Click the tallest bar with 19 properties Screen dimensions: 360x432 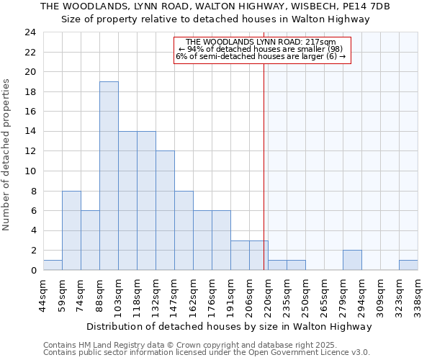(109, 176)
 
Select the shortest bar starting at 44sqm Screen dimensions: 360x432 (53, 265)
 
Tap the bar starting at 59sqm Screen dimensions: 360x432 (71, 230)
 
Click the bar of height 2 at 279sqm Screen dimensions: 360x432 (352, 260)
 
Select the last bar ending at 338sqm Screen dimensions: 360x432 (408, 265)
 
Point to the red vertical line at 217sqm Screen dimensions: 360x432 (264, 158)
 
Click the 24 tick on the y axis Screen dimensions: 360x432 (30, 32)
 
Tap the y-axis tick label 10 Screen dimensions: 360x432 (30, 171)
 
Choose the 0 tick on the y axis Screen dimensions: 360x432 (33, 271)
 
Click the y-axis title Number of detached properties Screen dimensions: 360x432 (7, 155)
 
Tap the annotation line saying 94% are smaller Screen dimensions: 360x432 (261, 49)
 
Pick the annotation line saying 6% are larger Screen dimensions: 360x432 (261, 56)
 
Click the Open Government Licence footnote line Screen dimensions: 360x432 (207, 353)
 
